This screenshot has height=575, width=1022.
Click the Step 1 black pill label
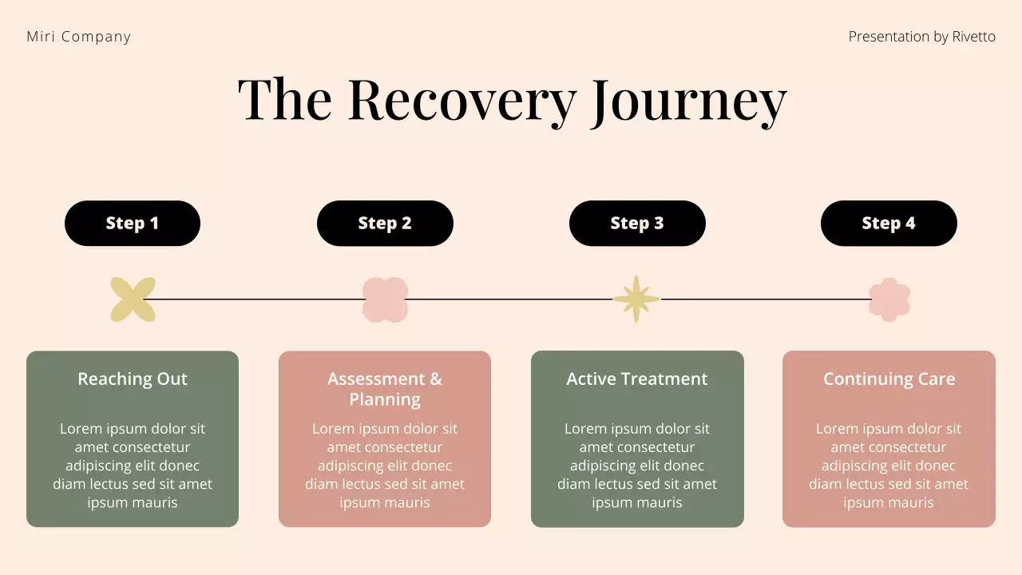pos(133,224)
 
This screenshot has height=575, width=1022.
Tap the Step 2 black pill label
pos(385,224)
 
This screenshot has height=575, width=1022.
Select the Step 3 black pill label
pos(637,224)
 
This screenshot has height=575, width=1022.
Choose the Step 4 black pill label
pos(889,224)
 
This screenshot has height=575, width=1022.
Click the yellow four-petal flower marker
pos(133,299)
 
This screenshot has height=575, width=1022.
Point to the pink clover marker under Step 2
pos(385,299)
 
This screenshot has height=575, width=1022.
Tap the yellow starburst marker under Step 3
pos(636,299)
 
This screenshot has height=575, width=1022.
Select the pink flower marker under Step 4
pos(889,299)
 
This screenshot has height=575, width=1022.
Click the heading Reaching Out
pos(133,379)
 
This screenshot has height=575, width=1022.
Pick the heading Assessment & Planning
pos(385,389)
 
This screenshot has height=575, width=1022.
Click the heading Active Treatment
pos(637,379)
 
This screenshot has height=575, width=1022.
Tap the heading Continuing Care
pos(889,379)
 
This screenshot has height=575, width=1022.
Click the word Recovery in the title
pos(461,100)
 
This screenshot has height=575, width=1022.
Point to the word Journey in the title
pos(688,100)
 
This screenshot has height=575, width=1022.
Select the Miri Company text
pos(78,37)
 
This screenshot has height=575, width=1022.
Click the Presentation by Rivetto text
pos(921,37)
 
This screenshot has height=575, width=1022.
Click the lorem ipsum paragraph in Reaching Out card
pos(133,466)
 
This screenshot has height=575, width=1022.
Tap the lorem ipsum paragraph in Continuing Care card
pos(889,466)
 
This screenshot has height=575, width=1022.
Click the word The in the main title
pos(284,100)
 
